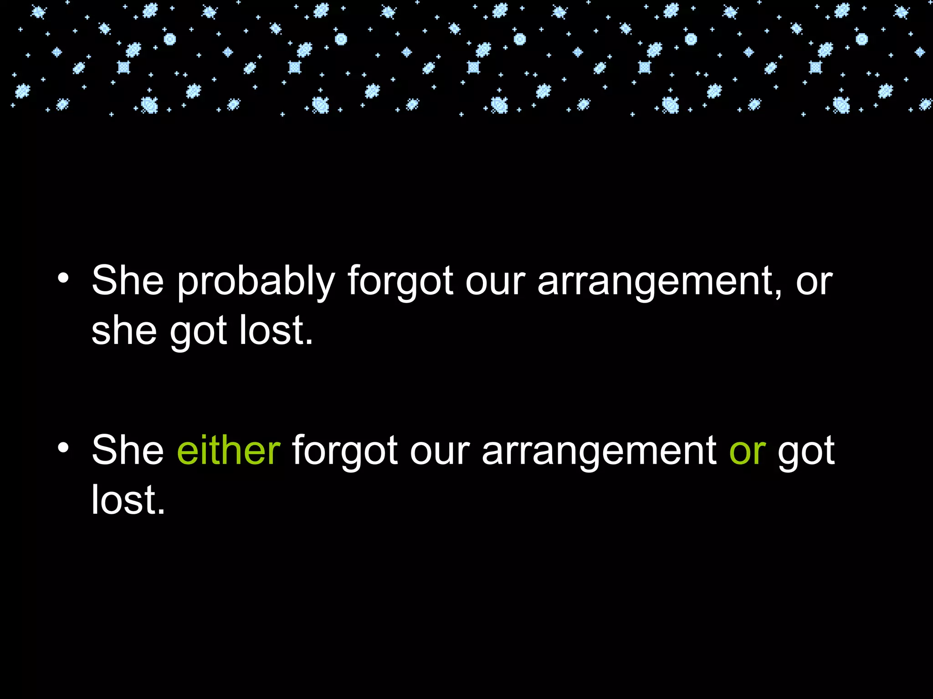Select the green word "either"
[228, 450]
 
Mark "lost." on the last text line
[128, 499]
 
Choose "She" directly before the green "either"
[128, 450]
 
